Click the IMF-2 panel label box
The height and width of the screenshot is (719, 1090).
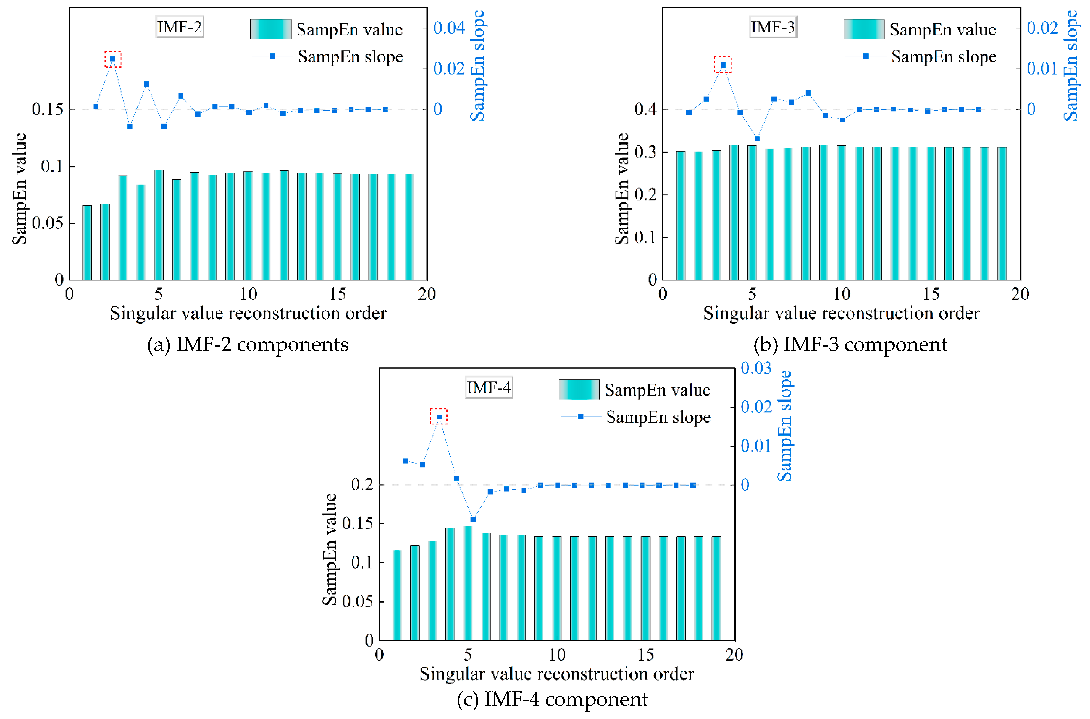point(180,27)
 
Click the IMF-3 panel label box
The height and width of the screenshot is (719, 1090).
point(773,27)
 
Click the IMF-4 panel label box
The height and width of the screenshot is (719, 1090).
point(488,387)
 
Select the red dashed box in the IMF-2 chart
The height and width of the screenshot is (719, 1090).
point(113,59)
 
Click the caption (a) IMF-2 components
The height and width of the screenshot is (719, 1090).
point(247,344)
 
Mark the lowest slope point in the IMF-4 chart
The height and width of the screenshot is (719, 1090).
point(473,519)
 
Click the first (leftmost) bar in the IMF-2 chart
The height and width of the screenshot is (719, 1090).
point(87,243)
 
